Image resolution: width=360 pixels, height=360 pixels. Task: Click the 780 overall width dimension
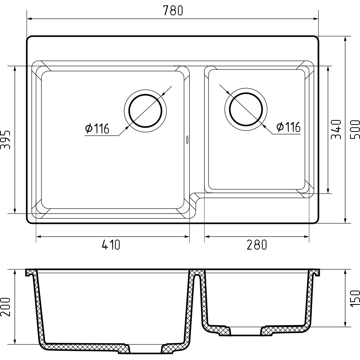coord(173,11)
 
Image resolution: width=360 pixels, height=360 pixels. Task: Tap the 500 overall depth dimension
coord(355,130)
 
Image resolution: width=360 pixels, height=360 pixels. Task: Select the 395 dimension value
coord(5,140)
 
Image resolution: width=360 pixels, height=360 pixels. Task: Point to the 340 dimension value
coord(336,129)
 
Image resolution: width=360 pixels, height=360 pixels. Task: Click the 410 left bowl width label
coord(111,245)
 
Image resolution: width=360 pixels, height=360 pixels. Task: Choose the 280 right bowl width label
coord(257,245)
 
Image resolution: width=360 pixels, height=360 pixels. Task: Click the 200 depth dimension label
coord(5,307)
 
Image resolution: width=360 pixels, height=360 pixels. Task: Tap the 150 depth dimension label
coord(355,298)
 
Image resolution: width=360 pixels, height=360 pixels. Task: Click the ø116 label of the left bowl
coord(97,128)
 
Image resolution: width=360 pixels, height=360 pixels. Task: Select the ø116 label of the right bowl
coord(288,127)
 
